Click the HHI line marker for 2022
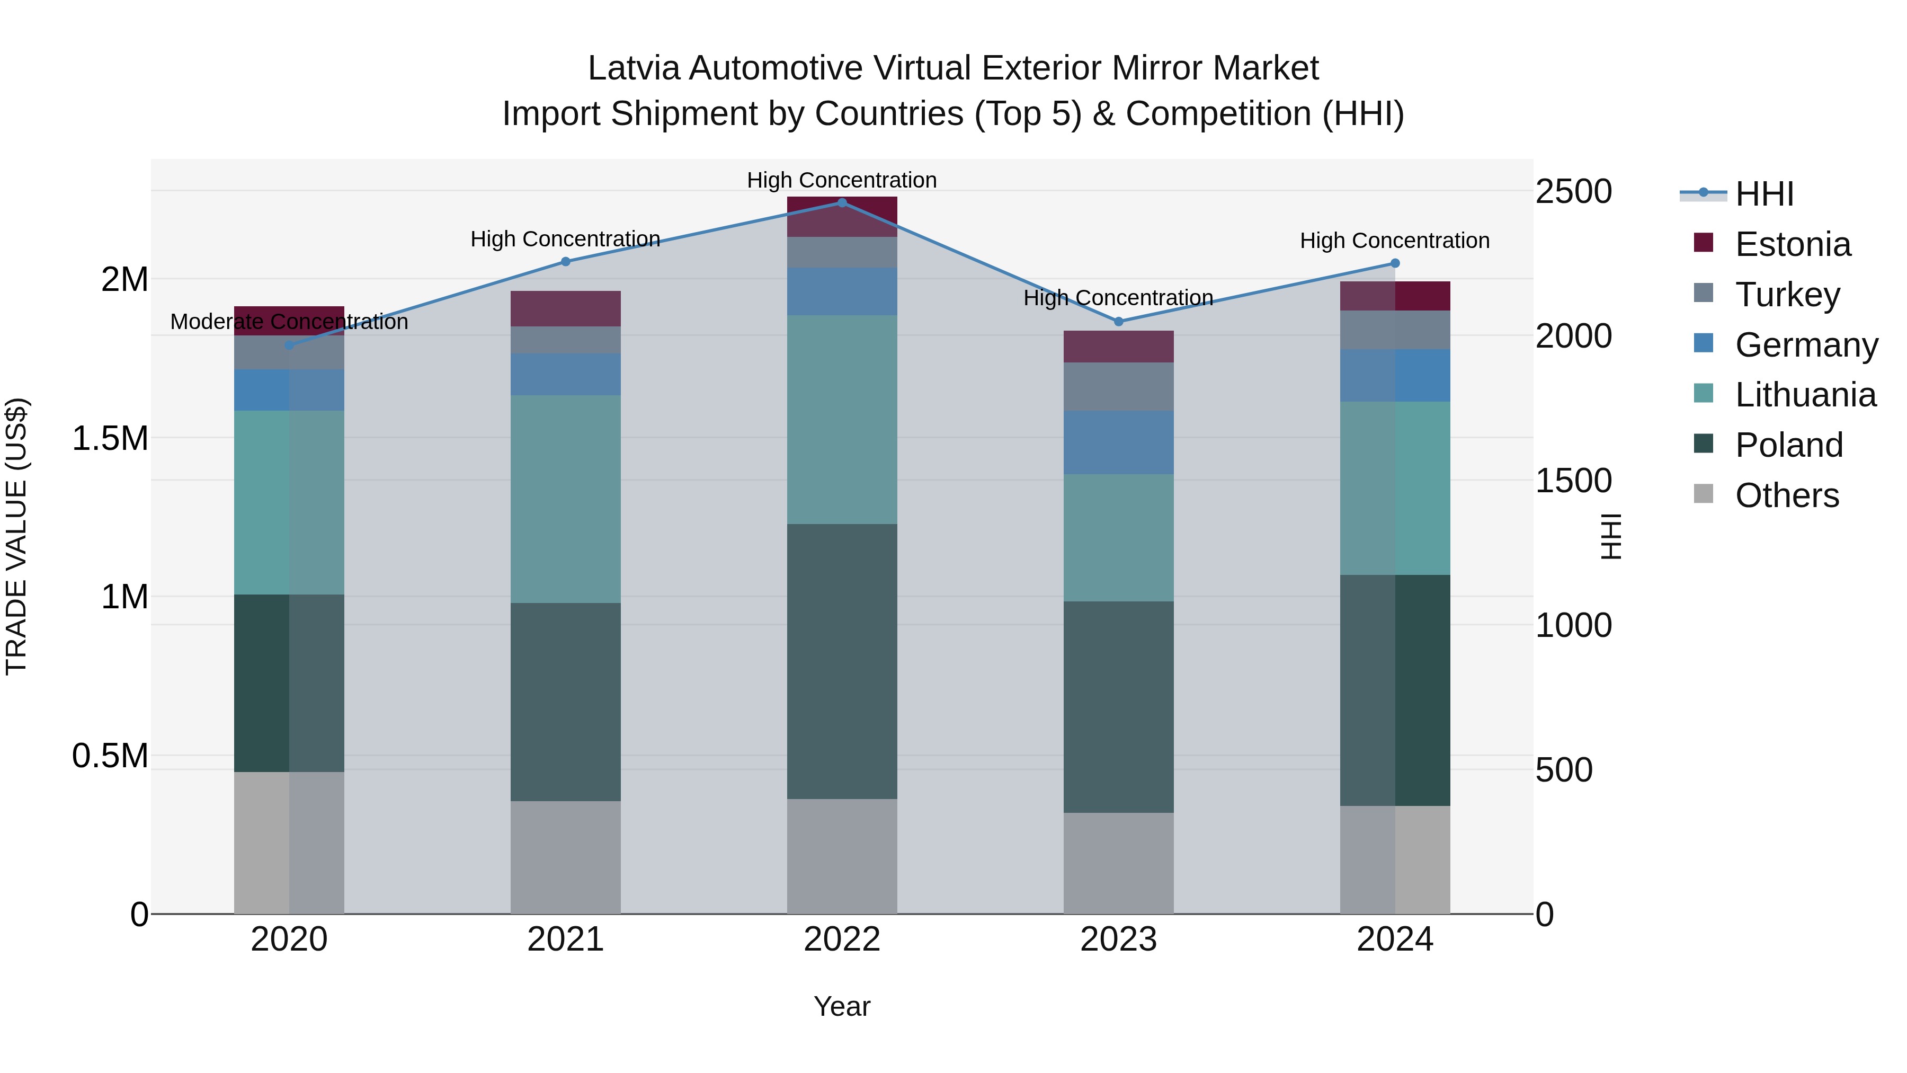(x=842, y=202)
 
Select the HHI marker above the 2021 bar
(x=566, y=261)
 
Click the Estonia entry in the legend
(x=1792, y=244)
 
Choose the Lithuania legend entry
(x=1805, y=395)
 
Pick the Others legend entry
(x=1786, y=495)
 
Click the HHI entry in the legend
(x=1763, y=194)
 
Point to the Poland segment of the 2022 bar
(x=842, y=661)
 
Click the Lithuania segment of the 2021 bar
(x=566, y=499)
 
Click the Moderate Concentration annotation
(x=289, y=322)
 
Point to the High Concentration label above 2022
(x=842, y=180)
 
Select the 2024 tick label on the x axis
(x=1395, y=939)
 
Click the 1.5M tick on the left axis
(x=110, y=438)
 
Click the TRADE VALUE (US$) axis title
(x=16, y=536)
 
